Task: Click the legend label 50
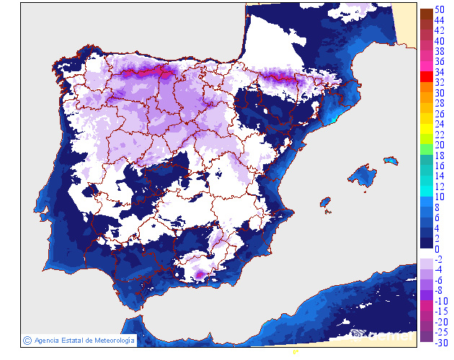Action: click(x=439, y=9)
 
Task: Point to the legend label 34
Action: click(x=439, y=72)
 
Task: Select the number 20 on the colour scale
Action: click(x=439, y=145)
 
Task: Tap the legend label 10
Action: click(x=439, y=197)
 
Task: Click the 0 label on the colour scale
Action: click(x=437, y=249)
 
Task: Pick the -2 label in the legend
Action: click(x=438, y=259)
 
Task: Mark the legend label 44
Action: click(x=439, y=20)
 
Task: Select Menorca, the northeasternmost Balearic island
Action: click(x=391, y=161)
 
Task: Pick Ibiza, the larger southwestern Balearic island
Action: click(x=325, y=201)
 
